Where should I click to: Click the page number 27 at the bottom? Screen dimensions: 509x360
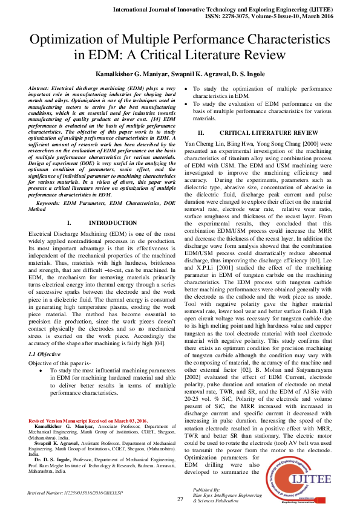[x=180, y=499]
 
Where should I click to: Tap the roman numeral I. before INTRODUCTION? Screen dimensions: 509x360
[x=70, y=223]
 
